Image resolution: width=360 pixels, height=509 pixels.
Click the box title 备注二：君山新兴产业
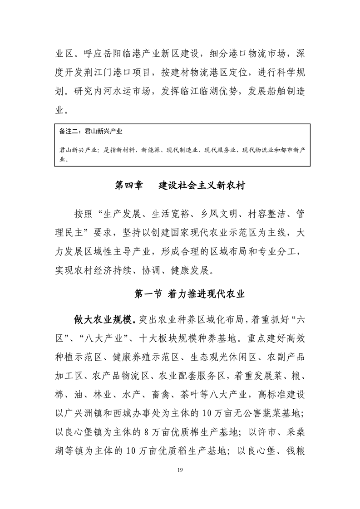pyautogui.click(x=91, y=132)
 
